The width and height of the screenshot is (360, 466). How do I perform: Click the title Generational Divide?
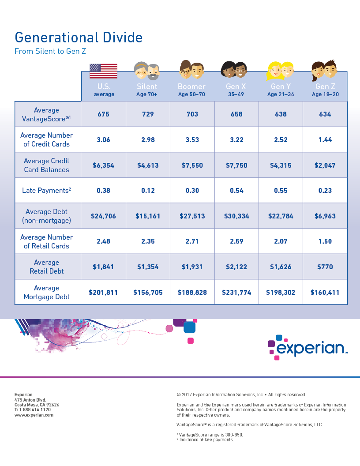pos(79,37)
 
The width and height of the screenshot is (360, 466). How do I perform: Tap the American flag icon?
pos(103,71)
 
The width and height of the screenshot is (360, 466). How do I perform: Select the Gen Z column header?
pos(325,90)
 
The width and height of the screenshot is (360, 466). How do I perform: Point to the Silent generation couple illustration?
pos(146,71)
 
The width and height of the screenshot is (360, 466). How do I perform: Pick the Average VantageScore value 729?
pos(148,114)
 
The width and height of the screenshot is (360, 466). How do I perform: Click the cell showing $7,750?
pos(236,165)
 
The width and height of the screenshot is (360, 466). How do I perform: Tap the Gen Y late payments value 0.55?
pos(281,191)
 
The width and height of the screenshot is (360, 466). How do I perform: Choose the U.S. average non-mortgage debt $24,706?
pos(103,216)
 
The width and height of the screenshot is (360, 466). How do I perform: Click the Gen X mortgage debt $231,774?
pos(236,292)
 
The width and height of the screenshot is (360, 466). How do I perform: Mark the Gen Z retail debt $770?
pos(325,267)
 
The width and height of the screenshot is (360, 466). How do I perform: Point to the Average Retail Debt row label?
pos(47,267)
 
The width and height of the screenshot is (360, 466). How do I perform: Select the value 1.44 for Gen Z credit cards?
pos(325,140)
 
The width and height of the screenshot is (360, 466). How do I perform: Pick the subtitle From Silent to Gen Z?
pos(50,51)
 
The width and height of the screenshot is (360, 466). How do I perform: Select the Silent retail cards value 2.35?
pos(148,241)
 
